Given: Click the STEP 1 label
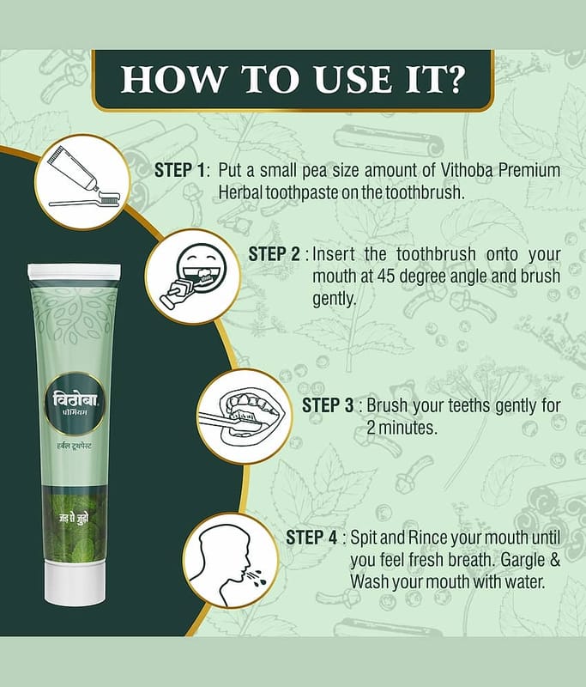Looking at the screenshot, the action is pyautogui.click(x=179, y=170).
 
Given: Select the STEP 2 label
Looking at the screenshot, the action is pyautogui.click(x=274, y=254).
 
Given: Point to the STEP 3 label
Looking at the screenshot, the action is pyautogui.click(x=328, y=405).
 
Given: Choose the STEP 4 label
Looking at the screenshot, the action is pyautogui.click(x=311, y=538).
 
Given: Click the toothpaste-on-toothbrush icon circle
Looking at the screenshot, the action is pyautogui.click(x=83, y=181).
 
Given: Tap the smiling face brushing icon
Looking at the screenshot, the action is pyautogui.click(x=193, y=277).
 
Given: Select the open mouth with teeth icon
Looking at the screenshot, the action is pyautogui.click(x=244, y=416).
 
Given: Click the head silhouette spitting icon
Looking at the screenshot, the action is pyautogui.click(x=231, y=562).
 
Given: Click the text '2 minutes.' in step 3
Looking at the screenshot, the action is pyautogui.click(x=402, y=428).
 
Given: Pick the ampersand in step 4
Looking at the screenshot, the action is pyautogui.click(x=555, y=560).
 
